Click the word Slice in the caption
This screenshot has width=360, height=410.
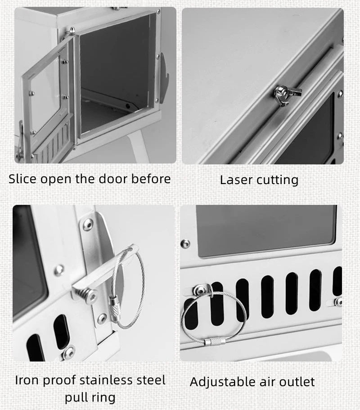point(22,179)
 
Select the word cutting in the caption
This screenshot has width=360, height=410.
point(277,180)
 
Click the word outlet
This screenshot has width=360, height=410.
point(297,382)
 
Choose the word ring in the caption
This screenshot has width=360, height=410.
point(103,398)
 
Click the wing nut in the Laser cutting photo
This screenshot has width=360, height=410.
point(287,94)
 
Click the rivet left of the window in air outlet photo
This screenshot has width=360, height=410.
point(185,243)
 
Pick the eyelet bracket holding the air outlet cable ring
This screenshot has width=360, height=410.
point(202,290)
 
